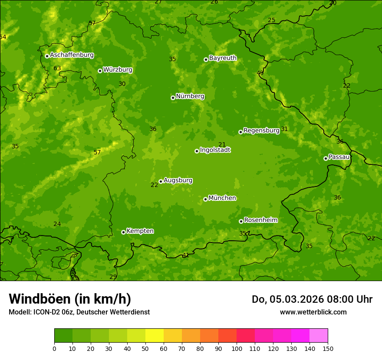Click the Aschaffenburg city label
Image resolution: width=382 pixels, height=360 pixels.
click(x=72, y=55)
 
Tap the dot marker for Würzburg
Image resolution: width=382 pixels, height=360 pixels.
click(x=100, y=71)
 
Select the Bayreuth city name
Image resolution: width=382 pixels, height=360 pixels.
click(x=223, y=58)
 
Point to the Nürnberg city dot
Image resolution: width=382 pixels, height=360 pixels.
click(x=173, y=98)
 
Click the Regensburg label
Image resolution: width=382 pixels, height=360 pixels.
click(x=261, y=130)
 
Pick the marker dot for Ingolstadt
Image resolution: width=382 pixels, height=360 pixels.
click(x=197, y=151)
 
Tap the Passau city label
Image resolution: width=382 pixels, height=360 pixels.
click(x=339, y=157)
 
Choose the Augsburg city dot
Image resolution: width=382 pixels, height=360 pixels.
click(x=161, y=181)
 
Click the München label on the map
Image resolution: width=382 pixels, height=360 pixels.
click(x=222, y=198)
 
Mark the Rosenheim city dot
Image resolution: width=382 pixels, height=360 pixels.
click(x=241, y=221)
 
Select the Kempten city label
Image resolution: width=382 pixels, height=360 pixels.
click(x=140, y=231)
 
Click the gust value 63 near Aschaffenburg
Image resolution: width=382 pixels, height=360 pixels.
click(x=57, y=68)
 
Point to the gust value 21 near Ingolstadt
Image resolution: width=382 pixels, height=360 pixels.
click(x=222, y=144)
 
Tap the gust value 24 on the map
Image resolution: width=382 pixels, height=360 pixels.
click(x=57, y=224)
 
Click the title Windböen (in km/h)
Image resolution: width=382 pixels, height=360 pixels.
click(x=70, y=299)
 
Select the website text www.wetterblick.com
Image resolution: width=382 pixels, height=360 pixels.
click(x=313, y=312)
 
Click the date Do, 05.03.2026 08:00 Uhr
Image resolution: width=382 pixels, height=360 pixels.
click(x=312, y=299)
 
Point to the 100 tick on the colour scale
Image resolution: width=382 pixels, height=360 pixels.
click(x=237, y=348)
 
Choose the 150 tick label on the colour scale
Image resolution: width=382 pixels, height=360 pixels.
click(x=328, y=348)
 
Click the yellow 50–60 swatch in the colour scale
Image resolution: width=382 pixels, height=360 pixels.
click(x=155, y=336)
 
